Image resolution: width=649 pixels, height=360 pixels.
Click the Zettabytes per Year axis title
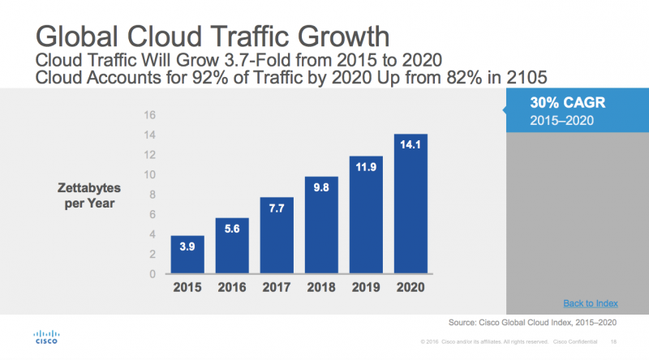point(89,195)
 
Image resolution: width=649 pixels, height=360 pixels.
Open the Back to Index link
point(591,303)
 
